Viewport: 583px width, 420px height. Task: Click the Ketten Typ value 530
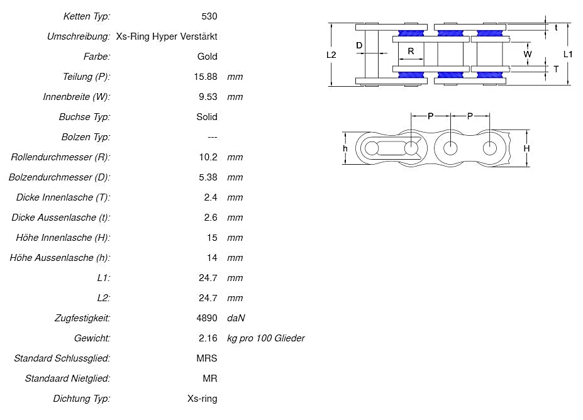pos(208,16)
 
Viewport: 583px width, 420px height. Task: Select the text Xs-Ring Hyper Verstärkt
pos(167,36)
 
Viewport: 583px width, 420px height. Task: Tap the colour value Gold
pos(207,56)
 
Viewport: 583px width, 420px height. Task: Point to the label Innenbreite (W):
pos(76,96)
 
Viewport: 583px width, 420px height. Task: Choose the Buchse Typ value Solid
pos(207,116)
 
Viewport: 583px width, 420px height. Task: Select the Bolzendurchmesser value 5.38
pos(208,177)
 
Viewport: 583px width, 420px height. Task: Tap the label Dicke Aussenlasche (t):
pos(61,217)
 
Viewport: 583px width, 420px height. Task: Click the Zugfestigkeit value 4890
pos(207,318)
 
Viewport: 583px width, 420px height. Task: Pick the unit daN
pos(236,318)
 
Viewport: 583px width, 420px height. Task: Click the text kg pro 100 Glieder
pos(266,338)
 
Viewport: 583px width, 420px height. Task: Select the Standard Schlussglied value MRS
pos(207,358)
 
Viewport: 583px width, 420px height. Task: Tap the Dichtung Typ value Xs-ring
pos(203,398)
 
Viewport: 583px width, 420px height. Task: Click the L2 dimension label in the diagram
pos(331,55)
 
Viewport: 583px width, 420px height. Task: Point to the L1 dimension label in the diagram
pos(568,55)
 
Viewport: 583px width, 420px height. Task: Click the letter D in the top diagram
pos(359,45)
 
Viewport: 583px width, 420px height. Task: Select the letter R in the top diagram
pos(411,51)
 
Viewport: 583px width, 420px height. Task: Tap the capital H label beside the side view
pos(527,148)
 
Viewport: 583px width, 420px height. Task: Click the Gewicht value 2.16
pos(208,338)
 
